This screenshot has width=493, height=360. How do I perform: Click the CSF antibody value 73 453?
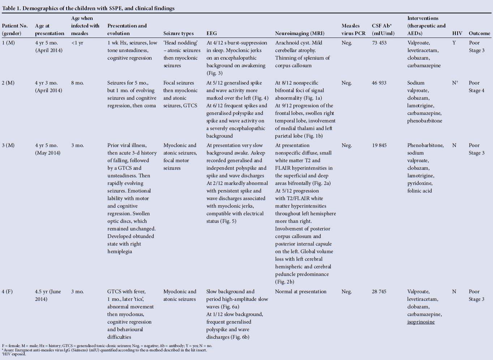[379, 43]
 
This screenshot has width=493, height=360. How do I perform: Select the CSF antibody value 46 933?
[379, 83]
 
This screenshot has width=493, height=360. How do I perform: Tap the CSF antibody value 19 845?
[379, 146]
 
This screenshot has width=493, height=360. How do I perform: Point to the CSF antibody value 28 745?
[379, 292]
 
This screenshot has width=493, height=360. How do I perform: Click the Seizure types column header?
[179, 34]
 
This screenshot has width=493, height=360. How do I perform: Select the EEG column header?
[212, 34]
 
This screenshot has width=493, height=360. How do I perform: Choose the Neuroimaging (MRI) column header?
[300, 34]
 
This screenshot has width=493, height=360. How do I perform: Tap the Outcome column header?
[479, 34]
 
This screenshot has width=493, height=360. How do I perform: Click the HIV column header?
[457, 34]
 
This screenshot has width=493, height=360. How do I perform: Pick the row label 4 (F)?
[7, 292]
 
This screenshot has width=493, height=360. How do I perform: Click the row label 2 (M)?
[8, 83]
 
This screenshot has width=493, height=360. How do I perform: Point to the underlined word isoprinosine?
[421, 322]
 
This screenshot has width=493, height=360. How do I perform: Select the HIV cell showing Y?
[454, 43]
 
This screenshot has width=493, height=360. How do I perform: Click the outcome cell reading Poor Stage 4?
[476, 87]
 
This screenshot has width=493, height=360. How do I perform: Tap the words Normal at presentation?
[301, 292]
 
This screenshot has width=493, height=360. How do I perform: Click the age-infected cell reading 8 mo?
[77, 83]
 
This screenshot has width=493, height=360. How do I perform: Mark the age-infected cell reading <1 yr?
[77, 43]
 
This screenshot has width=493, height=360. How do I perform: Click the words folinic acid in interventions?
[419, 191]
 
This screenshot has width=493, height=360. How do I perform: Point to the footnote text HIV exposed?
[14, 354]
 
